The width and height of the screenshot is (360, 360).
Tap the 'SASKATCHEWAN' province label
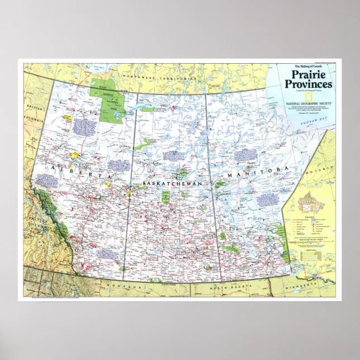(x=172, y=183)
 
